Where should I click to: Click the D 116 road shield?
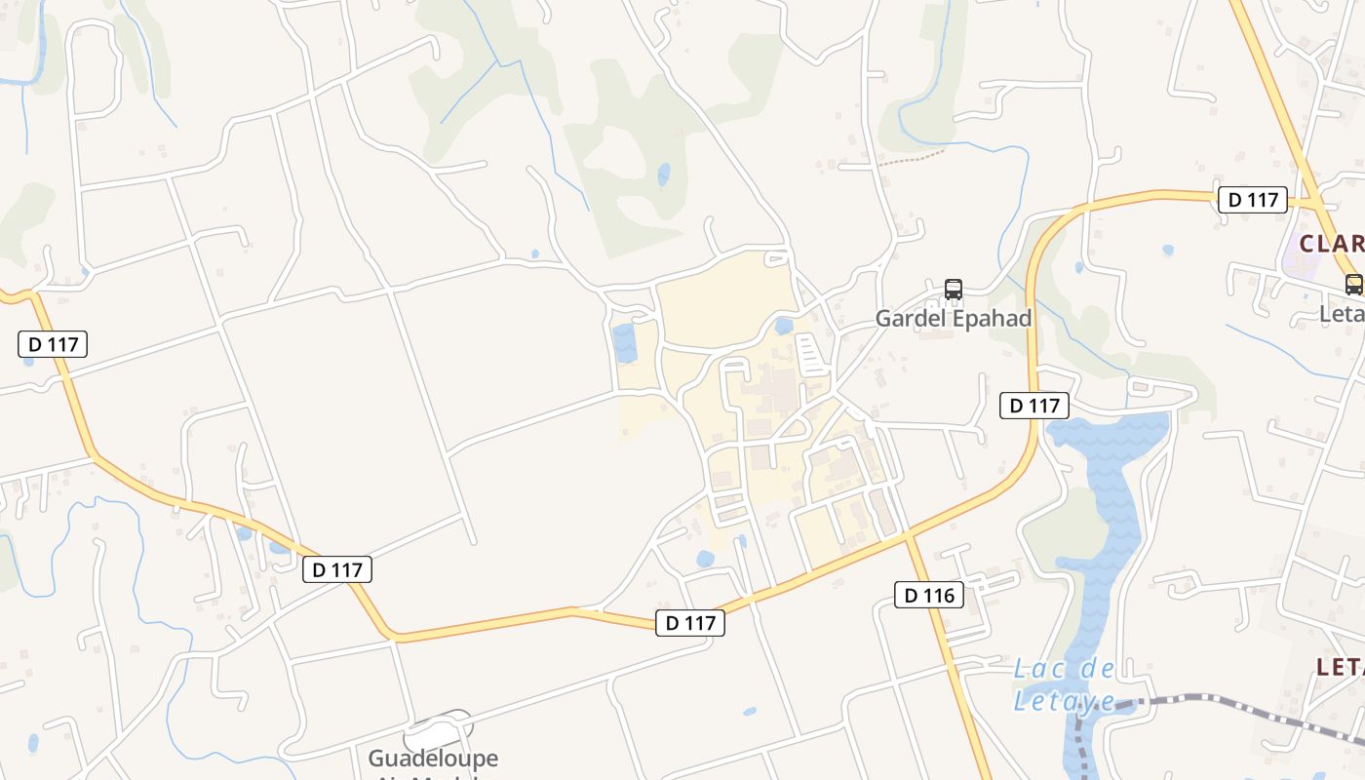(x=929, y=595)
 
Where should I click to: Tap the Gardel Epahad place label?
(x=953, y=319)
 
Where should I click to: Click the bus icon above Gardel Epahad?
(x=954, y=290)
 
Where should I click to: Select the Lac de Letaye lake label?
(x=1065, y=684)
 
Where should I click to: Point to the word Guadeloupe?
(x=432, y=758)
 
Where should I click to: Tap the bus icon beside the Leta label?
(x=1353, y=285)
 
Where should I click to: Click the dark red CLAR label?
(x=1332, y=243)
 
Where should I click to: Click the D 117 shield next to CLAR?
(x=1253, y=200)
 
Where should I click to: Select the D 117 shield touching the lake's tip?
(x=1034, y=406)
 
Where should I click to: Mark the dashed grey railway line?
(x=1219, y=702)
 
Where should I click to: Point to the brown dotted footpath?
(x=912, y=158)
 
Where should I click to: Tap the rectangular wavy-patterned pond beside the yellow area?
(x=624, y=342)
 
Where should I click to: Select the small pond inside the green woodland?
(x=664, y=175)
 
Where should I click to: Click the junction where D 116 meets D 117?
(x=909, y=535)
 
